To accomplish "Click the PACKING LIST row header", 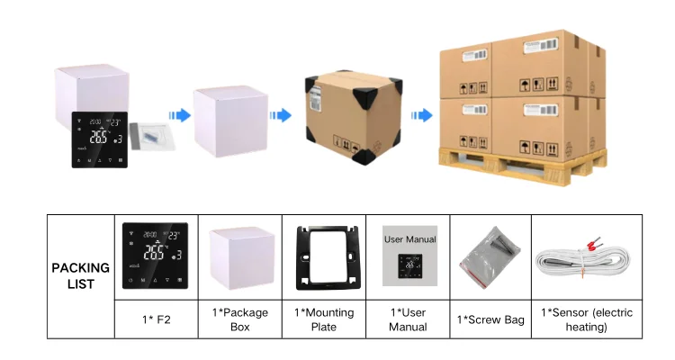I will [80, 275].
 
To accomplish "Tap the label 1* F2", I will [156, 319].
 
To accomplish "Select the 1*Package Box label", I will [239, 319].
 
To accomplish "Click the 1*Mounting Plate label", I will [324, 319].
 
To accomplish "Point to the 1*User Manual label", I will [408, 319].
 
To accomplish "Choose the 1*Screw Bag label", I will [490, 319].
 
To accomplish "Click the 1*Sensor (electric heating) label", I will [586, 319].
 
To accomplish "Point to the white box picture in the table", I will [238, 258].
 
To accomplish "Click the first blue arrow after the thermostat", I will [181, 115].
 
